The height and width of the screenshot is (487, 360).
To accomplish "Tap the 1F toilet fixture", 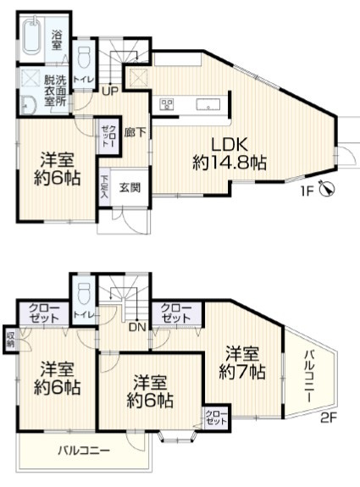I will click(x=85, y=60).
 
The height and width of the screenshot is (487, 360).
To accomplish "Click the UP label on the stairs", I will click(x=111, y=91).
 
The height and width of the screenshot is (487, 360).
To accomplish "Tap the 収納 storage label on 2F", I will click(x=10, y=338).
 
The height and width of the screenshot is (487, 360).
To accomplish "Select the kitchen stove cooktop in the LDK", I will click(x=167, y=105).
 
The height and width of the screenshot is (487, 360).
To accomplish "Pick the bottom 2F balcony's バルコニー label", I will click(x=83, y=451).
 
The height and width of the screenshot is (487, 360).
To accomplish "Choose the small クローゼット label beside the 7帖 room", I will click(x=216, y=417).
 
